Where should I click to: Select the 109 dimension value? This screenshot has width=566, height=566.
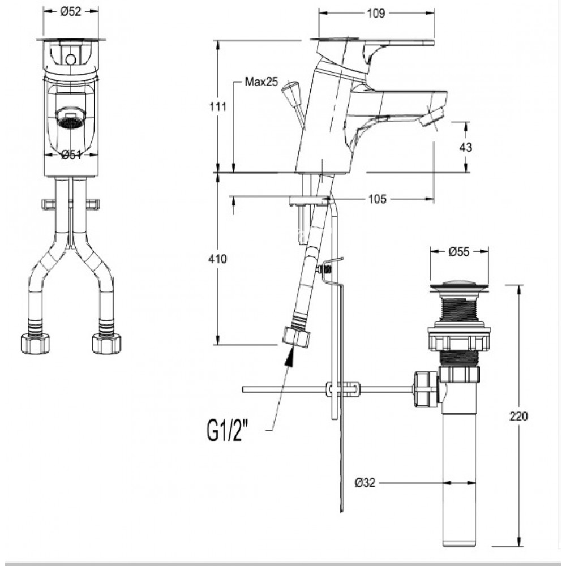[x=376, y=14]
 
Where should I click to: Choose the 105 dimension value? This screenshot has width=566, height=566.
[x=378, y=199]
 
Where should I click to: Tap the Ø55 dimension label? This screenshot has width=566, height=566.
[x=460, y=252]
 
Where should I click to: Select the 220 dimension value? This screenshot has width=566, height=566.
[x=520, y=416]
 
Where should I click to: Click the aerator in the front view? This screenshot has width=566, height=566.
[x=70, y=119]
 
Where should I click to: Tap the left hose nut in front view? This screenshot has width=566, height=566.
[x=35, y=343]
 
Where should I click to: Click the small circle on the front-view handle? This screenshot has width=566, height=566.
[x=70, y=59]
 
